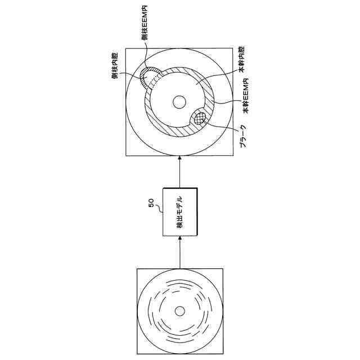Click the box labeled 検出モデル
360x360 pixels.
coord(179,211)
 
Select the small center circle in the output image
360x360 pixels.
coord(179,102)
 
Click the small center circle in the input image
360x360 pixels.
coord(179,311)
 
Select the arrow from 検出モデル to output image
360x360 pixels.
coord(179,172)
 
